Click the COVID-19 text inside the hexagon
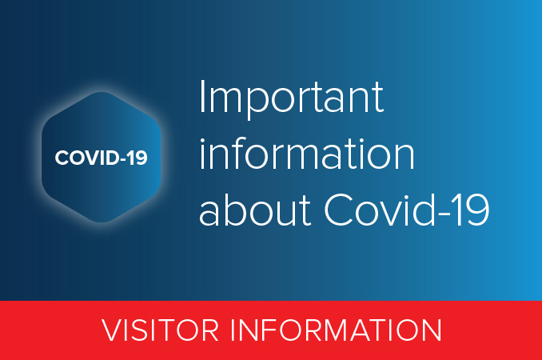[x=101, y=158]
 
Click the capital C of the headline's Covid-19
[x=339, y=210]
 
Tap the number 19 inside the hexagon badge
[x=137, y=158]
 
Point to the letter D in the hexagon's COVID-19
[x=116, y=158]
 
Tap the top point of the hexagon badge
[x=101, y=94]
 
